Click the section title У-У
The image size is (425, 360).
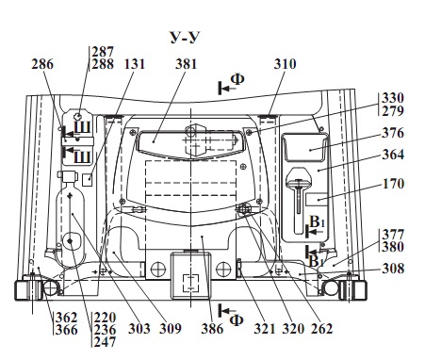(185, 37)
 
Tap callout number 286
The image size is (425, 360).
(42, 64)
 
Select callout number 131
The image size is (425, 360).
(135, 64)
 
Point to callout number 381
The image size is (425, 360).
(187, 64)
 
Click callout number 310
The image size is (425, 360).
(285, 64)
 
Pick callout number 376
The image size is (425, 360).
(393, 133)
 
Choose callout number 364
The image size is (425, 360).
(393, 155)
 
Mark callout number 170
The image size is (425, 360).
(393, 184)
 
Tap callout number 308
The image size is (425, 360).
(393, 269)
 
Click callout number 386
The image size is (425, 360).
(212, 329)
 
